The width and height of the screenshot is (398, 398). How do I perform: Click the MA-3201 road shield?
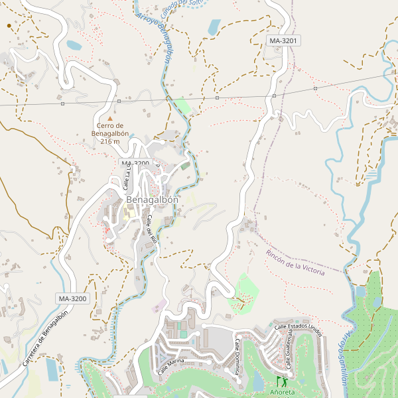pyautogui.click(x=284, y=41)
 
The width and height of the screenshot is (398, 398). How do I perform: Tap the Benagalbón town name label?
pyautogui.click(x=152, y=200)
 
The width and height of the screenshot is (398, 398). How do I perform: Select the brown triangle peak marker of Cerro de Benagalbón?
pyautogui.click(x=110, y=119)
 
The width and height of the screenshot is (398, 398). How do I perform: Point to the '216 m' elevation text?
pyautogui.click(x=110, y=141)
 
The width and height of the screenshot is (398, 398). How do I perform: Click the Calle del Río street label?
pyautogui.click(x=151, y=230)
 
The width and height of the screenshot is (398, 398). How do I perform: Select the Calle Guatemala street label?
pyautogui.click(x=289, y=351)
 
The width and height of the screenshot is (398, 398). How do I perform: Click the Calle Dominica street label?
pyautogui.click(x=236, y=356)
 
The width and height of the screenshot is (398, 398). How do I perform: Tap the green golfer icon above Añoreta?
pyautogui.click(x=280, y=381)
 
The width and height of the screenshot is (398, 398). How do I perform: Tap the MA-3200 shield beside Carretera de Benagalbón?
pyautogui.click(x=72, y=298)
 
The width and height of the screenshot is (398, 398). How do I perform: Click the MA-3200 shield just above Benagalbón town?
pyautogui.click(x=134, y=163)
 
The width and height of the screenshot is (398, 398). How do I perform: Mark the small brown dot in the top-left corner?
pyautogui.click(x=9, y=25)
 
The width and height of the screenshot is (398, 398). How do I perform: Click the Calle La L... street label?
pyautogui.click(x=126, y=177)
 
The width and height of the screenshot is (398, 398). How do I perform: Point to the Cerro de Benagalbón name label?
pyautogui.click(x=110, y=129)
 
